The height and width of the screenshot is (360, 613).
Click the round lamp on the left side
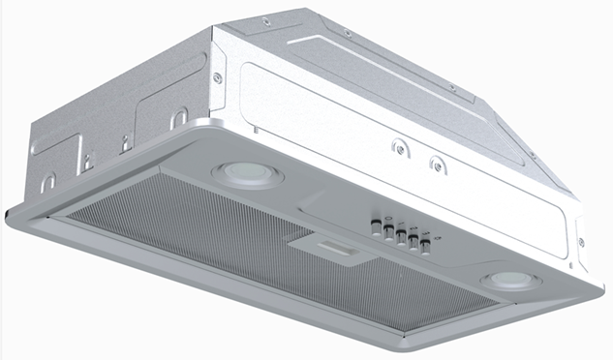click(246, 172)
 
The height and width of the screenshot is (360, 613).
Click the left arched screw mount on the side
click(396, 149)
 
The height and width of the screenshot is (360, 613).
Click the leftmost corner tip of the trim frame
click(9, 211)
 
